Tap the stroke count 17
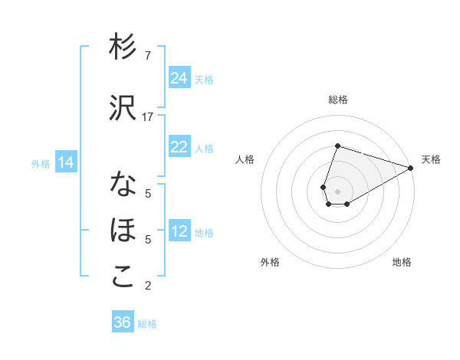pyautogui.click(x=148, y=117)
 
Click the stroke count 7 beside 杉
pyautogui.click(x=148, y=55)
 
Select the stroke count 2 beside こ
pyautogui.click(x=148, y=286)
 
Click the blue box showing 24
pyautogui.click(x=179, y=78)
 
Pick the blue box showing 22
pyautogui.click(x=179, y=147)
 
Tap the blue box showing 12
pyautogui.click(x=179, y=231)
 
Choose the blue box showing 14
pyautogui.click(x=66, y=162)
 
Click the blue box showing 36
pyautogui.click(x=123, y=322)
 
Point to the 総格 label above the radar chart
pyautogui.click(x=338, y=100)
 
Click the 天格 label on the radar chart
pyautogui.click(x=431, y=159)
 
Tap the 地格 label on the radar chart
pyautogui.click(x=402, y=262)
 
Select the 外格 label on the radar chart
pyautogui.click(x=270, y=262)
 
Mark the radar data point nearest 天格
pyautogui.click(x=411, y=167)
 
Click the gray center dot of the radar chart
pyautogui.click(x=338, y=190)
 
